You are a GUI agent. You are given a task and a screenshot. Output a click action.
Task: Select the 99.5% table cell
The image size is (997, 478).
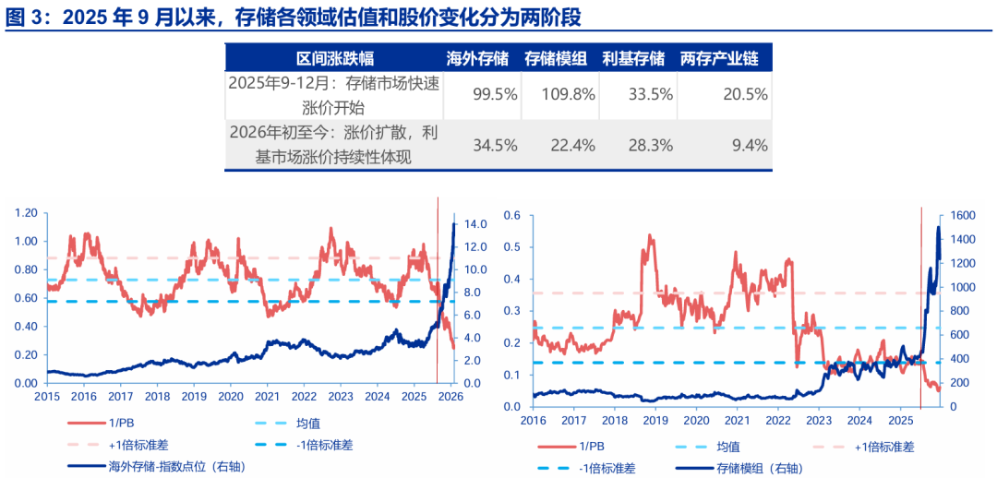point(484,95)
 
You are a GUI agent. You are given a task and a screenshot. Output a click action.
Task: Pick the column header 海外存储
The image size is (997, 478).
point(477,58)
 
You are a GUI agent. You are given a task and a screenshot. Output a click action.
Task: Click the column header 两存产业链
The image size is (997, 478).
point(719,58)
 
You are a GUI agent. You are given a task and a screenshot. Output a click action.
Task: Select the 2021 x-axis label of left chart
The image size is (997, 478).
point(267,396)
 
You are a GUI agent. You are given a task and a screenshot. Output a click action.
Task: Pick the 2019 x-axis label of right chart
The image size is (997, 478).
point(656,420)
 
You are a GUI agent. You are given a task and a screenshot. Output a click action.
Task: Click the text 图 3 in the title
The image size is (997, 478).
point(22,17)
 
